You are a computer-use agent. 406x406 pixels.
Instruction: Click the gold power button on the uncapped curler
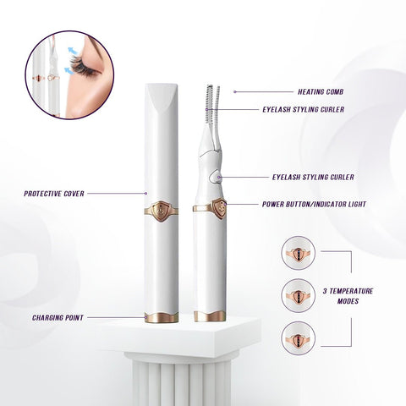pos(219,207)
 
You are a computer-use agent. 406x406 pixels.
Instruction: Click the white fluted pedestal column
pos(181,376)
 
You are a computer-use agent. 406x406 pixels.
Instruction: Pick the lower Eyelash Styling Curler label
pos(313,178)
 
